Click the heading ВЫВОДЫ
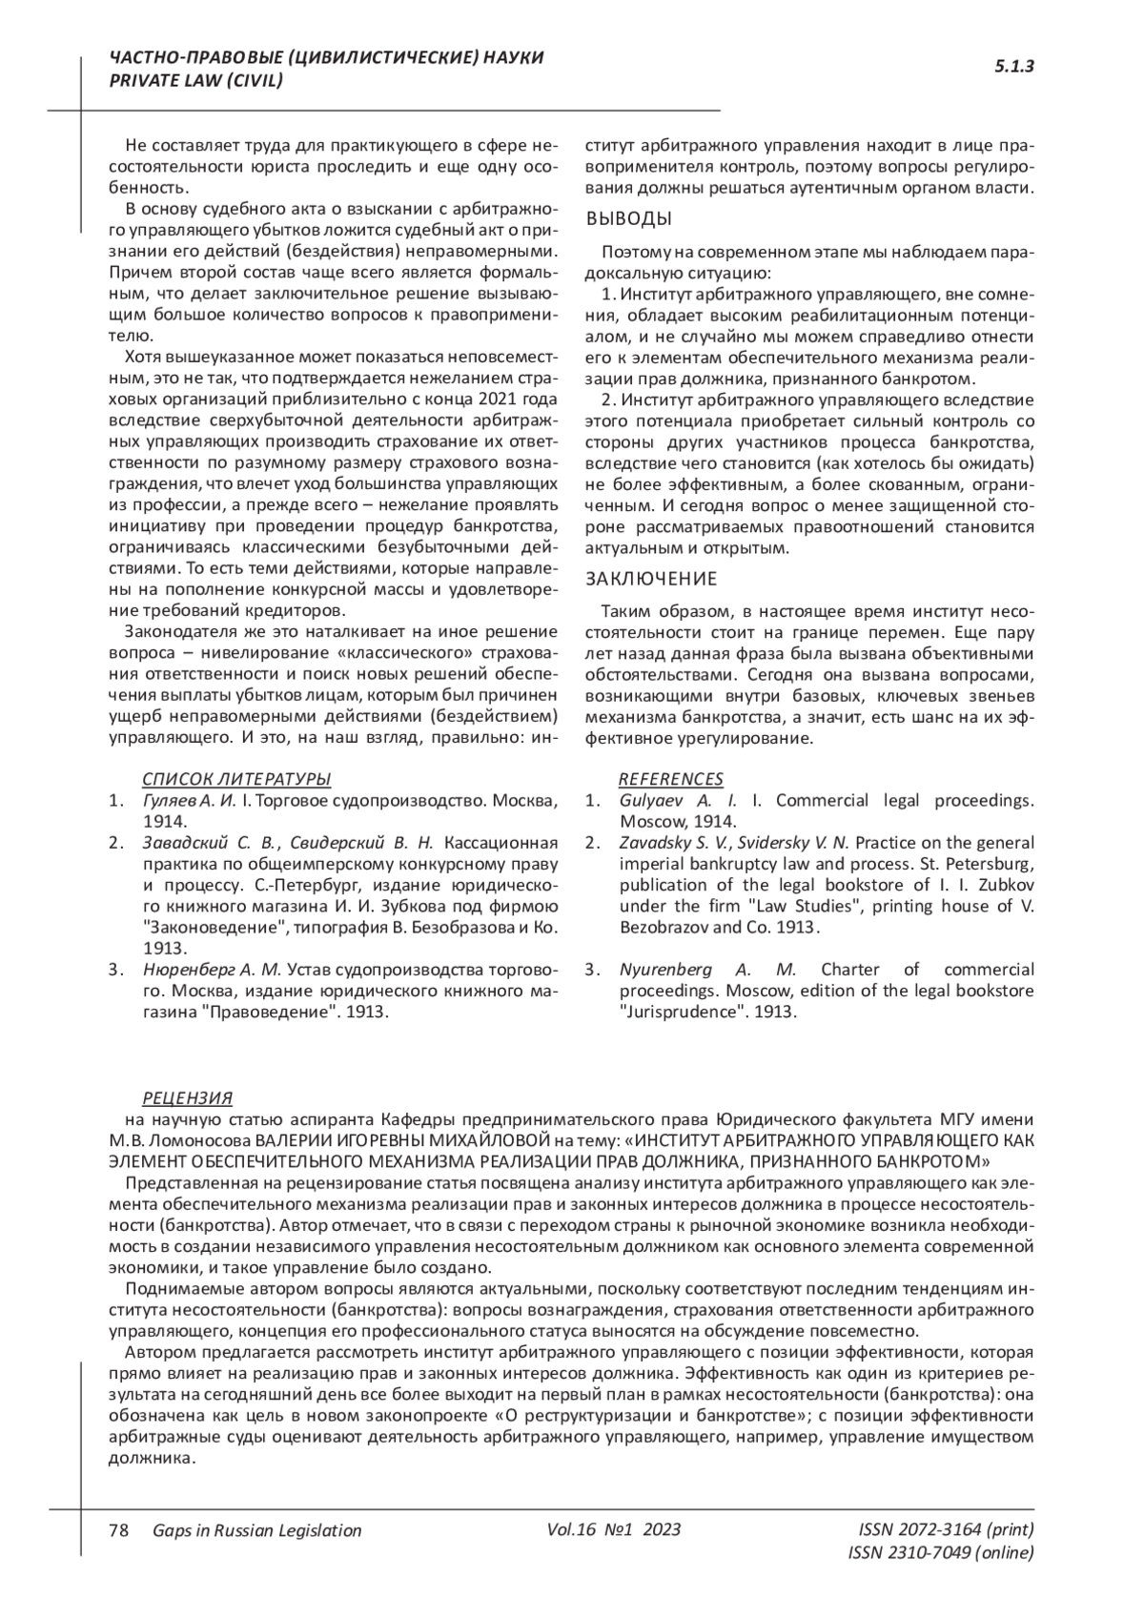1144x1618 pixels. pos(628,218)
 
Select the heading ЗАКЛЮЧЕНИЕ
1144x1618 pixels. pos(650,579)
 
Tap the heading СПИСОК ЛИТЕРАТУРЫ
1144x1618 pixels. pos(236,778)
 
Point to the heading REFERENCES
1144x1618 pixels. pos(670,778)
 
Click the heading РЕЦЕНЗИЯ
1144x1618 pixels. pos(187,1097)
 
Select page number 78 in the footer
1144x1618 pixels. pos(119,1529)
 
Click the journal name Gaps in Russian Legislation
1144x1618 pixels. pos(256,1530)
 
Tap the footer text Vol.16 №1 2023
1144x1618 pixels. pos(614,1529)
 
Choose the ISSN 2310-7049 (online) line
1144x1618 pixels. pos(940,1552)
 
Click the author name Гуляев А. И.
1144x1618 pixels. pos(189,800)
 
